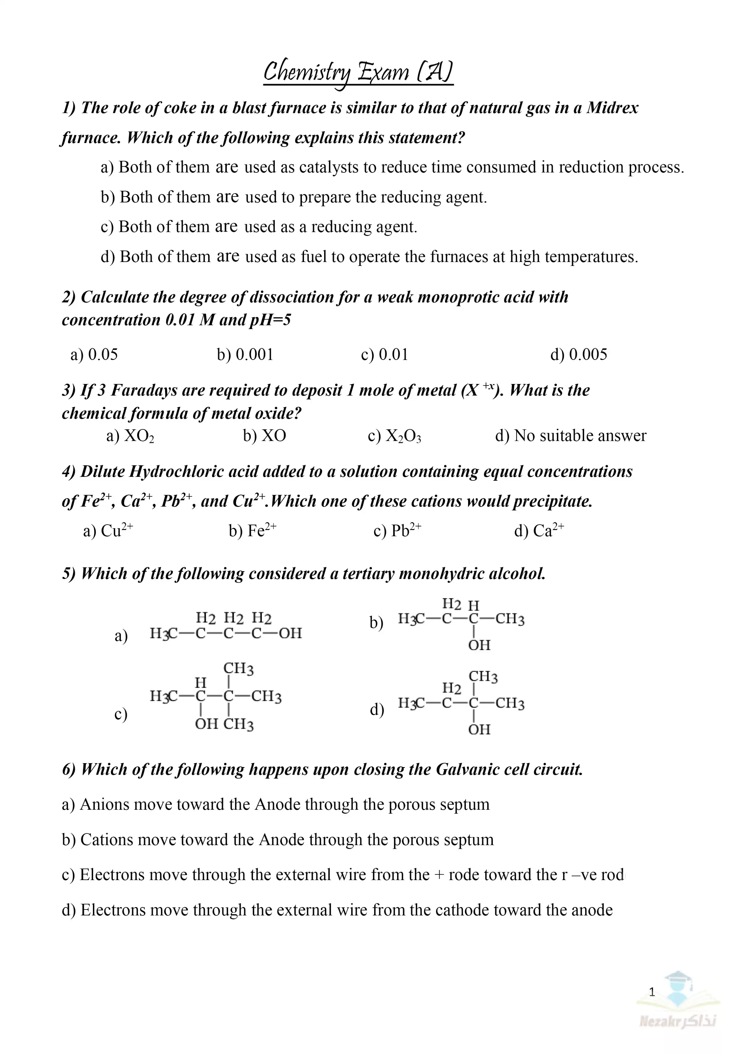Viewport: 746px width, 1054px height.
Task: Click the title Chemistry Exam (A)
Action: pos(358,72)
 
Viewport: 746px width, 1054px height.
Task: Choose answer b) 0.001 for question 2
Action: pos(245,355)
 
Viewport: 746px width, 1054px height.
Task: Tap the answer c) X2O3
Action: pos(394,436)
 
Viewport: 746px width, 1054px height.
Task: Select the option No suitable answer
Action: pos(580,436)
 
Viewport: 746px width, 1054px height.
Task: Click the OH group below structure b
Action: pos(479,645)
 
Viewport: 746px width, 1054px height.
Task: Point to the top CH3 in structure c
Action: pos(238,669)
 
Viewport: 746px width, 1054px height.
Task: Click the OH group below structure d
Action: pos(479,730)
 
